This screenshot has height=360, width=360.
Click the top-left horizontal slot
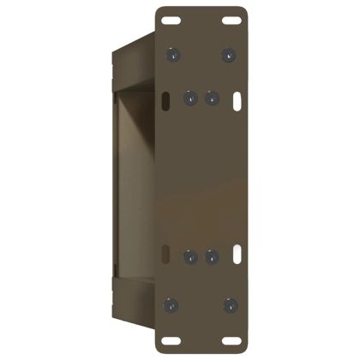click(172, 20)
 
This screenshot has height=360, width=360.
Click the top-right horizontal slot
click(230, 20)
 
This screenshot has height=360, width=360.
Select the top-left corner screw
click(173, 55)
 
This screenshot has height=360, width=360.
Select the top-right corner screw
click(229, 55)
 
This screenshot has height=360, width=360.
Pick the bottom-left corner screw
click(173, 304)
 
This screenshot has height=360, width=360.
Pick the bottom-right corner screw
click(229, 304)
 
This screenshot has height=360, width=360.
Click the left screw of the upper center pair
click(191, 98)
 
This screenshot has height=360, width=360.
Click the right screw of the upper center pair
click(211, 98)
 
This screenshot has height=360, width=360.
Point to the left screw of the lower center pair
click(191, 256)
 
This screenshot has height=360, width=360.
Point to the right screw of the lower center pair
click(211, 256)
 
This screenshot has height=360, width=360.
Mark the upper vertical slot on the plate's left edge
click(160, 101)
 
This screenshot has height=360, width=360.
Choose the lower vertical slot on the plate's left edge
click(160, 254)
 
